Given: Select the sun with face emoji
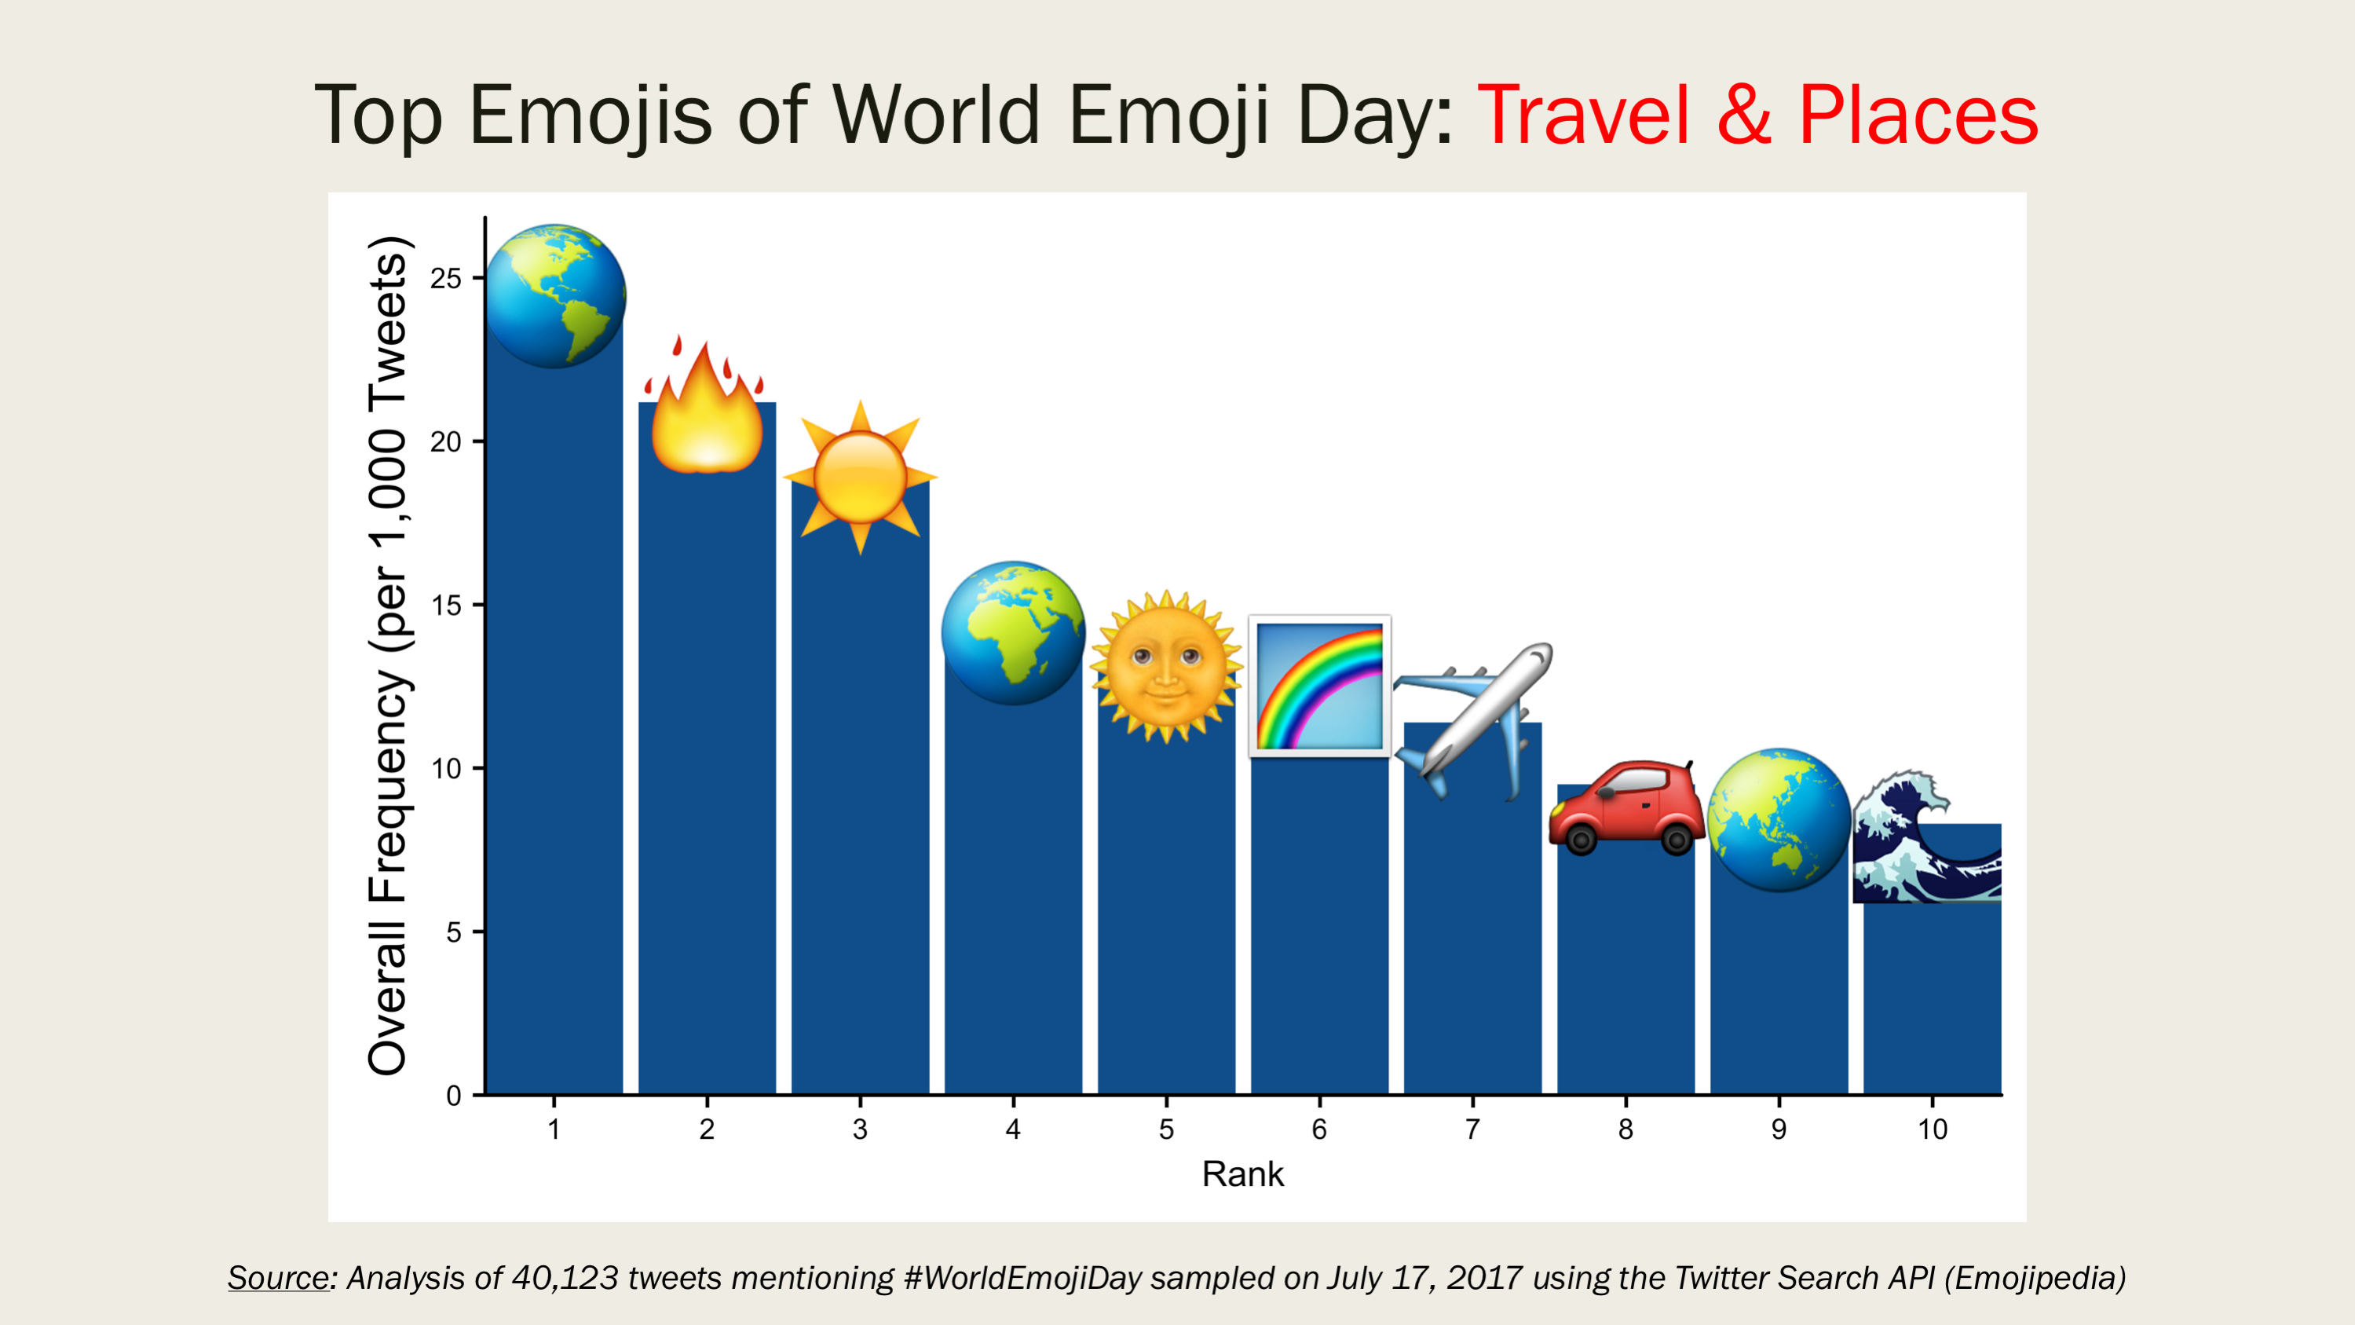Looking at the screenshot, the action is click(x=1165, y=666).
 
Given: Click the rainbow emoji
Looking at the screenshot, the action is click(x=1319, y=686).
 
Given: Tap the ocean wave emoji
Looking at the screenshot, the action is click(x=1926, y=837).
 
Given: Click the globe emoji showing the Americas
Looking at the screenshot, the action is click(x=555, y=296).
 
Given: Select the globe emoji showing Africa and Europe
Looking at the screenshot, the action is click(x=1013, y=633).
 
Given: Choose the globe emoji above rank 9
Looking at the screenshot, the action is click(x=1779, y=820).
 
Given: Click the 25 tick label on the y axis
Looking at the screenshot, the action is click(x=445, y=278).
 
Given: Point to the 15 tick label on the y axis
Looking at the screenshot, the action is click(x=445, y=606).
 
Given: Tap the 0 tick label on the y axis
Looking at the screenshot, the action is click(x=453, y=1096).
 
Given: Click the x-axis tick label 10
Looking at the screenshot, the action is click(x=1932, y=1129).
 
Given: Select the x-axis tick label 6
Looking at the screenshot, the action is click(x=1319, y=1129).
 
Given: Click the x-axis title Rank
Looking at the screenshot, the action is click(x=1242, y=1174).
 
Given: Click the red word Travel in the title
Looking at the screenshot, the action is click(x=1582, y=115).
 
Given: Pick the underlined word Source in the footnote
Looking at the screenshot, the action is click(x=278, y=1277).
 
